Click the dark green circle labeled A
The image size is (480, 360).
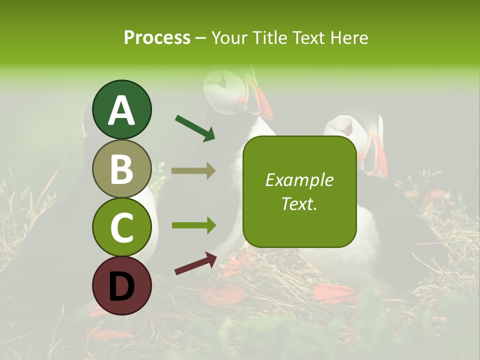pos(122,109)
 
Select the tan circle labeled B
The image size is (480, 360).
pos(122,168)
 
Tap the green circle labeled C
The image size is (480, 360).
pos(122,227)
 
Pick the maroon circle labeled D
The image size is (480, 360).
pos(122,285)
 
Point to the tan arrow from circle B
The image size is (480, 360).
pos(193,170)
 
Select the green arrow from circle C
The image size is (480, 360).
pos(193,225)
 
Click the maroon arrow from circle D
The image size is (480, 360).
pos(195,263)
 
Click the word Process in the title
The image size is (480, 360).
pos(157,38)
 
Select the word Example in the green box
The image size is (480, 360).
pos(299,180)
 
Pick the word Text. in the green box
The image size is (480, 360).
pos(299,203)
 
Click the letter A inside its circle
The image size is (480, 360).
pos(122,110)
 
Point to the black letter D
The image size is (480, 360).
pos(122,286)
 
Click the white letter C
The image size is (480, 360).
pos(122,227)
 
